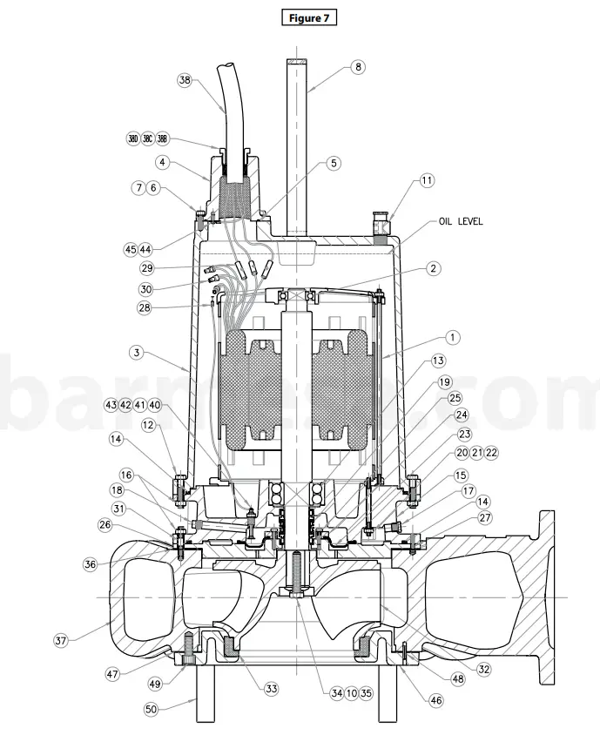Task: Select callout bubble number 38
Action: coord(184,79)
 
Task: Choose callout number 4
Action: coord(162,162)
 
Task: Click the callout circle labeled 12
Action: coord(149,424)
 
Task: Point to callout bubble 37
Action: coord(60,641)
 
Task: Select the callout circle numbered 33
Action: coord(272,688)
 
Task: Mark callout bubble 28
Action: coord(144,307)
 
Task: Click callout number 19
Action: coord(444,381)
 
